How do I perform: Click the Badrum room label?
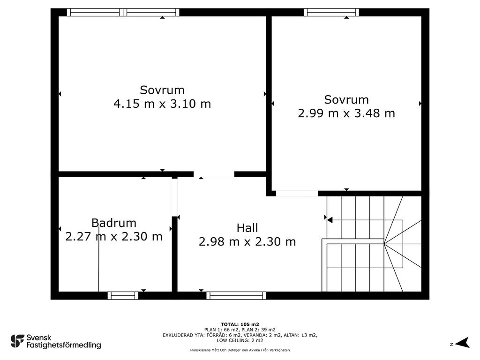click(114, 223)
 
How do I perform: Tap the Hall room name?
click(247, 228)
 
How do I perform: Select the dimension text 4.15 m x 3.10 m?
click(162, 104)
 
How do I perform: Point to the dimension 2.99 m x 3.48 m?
click(346, 113)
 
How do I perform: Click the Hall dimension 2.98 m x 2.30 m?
click(247, 242)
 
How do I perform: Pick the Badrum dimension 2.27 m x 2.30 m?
click(114, 237)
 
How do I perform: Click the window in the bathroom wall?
click(123, 295)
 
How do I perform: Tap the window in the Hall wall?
click(236, 295)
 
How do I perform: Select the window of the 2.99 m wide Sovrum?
click(331, 12)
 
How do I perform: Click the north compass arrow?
click(463, 343)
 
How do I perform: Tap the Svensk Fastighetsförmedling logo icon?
click(17, 341)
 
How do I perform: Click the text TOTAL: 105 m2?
click(240, 324)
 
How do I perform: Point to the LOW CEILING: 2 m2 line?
click(240, 340)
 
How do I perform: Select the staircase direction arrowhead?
click(330, 220)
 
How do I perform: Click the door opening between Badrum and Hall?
click(174, 197)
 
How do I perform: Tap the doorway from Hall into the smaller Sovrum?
click(297, 194)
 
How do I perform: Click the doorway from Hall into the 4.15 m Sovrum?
click(214, 174)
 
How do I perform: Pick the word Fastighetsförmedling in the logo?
click(64, 345)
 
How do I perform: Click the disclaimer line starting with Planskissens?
click(240, 350)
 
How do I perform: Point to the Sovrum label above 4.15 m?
click(162, 90)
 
